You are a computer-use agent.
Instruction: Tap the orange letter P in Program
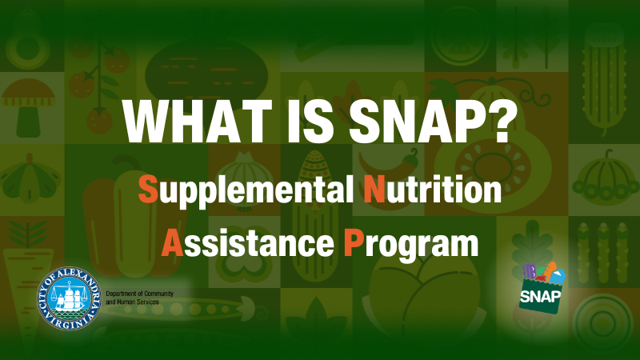click(x=353, y=242)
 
